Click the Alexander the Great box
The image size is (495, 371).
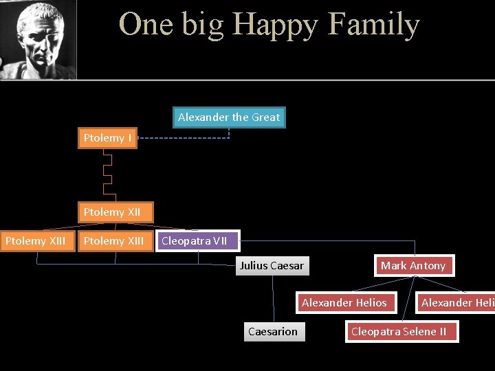(x=228, y=117)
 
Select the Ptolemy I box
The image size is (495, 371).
(x=107, y=139)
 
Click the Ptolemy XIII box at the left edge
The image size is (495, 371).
(x=36, y=241)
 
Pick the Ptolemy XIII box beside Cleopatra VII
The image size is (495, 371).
(x=114, y=241)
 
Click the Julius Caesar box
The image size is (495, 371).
(x=272, y=266)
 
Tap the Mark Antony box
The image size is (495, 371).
(x=414, y=266)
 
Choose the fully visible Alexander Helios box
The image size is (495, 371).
(x=344, y=303)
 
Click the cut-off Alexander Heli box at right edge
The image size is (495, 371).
(x=456, y=303)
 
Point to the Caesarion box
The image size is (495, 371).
(x=273, y=332)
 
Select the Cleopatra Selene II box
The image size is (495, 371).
(x=399, y=332)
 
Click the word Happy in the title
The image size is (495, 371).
(x=276, y=25)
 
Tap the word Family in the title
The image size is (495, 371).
(x=374, y=25)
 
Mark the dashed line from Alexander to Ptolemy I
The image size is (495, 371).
(x=182, y=139)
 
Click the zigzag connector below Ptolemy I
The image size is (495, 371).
(x=107, y=174)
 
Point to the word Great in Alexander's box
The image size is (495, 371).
(x=265, y=117)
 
